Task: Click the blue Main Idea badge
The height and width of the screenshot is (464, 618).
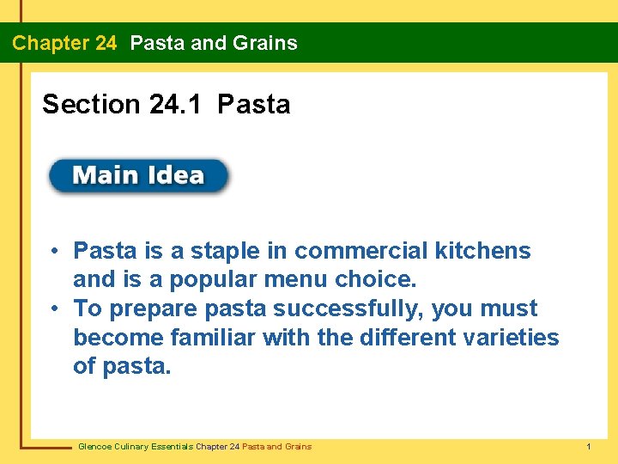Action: [138, 176]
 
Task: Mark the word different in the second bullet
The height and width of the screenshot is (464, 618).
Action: [407, 338]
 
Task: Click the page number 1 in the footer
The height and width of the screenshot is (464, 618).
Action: [588, 447]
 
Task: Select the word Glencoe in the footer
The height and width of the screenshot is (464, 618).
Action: [94, 447]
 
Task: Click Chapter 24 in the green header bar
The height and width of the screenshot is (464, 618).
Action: [64, 43]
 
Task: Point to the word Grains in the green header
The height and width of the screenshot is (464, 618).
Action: [265, 43]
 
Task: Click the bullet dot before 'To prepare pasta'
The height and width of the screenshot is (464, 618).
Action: [54, 308]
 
